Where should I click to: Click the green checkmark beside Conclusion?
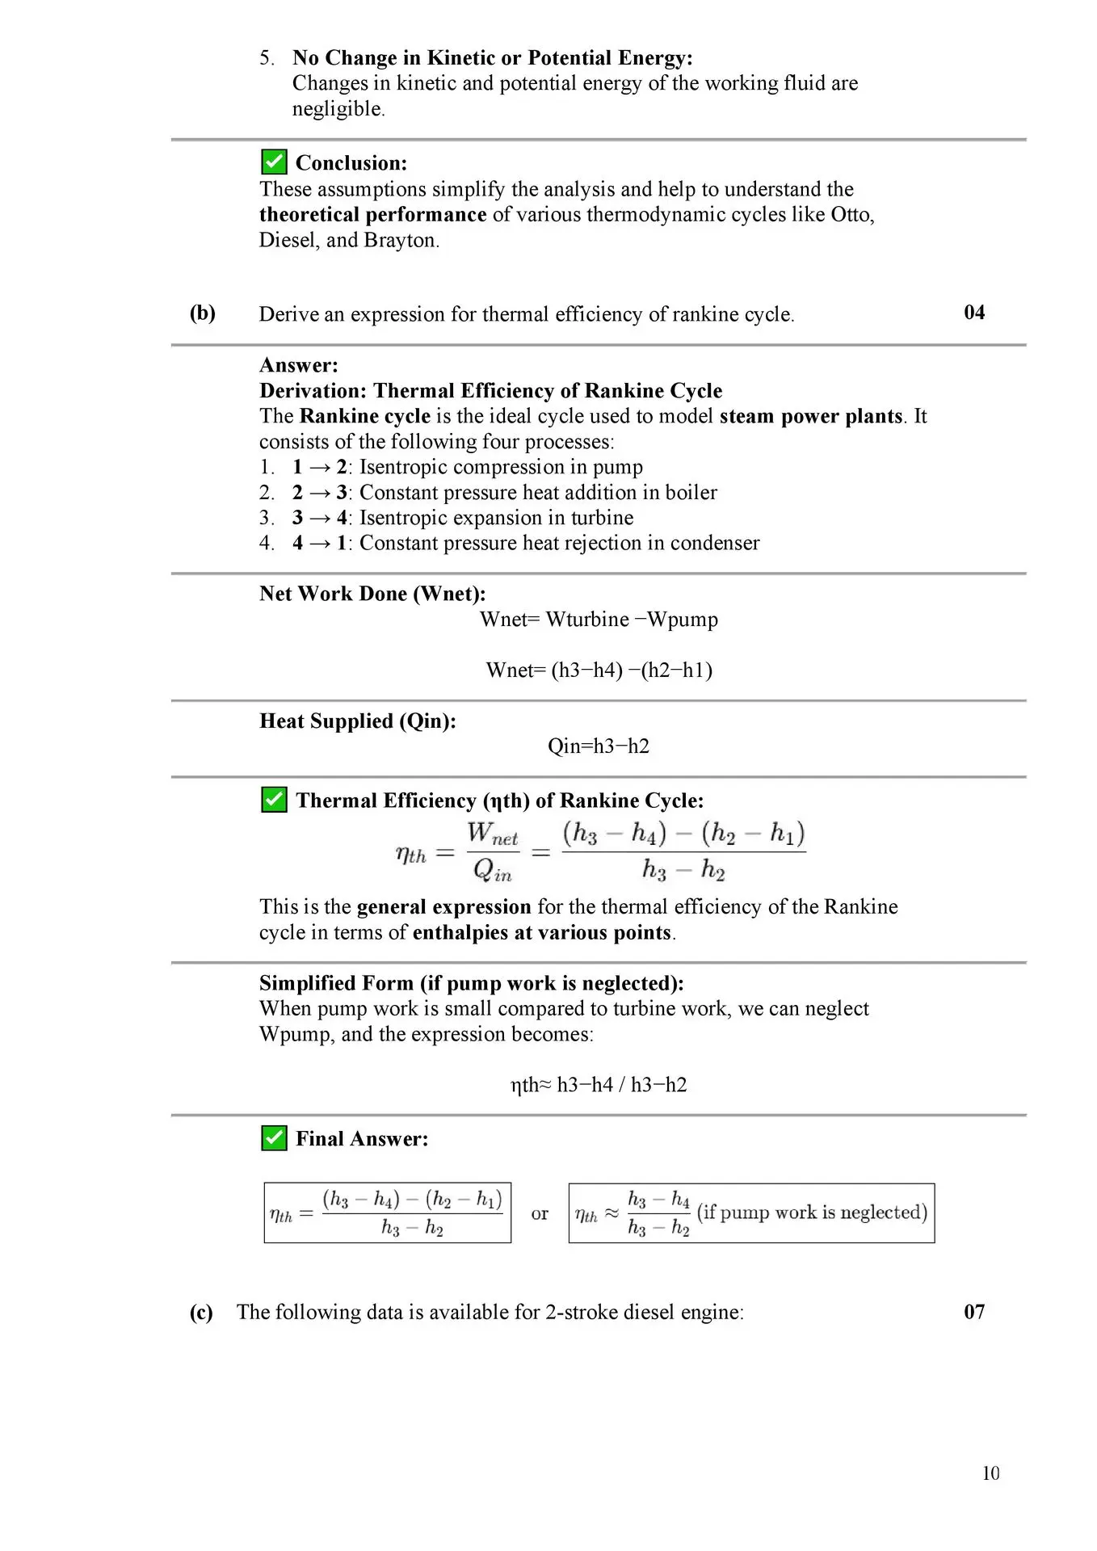[x=274, y=162]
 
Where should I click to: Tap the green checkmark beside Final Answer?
[x=274, y=1138]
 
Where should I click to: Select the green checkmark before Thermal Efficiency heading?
[x=274, y=800]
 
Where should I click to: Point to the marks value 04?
[x=974, y=313]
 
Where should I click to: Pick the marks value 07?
[x=974, y=1311]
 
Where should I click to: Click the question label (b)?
[x=202, y=313]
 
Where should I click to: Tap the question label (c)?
[x=201, y=1312]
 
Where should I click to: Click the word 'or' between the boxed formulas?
[x=540, y=1213]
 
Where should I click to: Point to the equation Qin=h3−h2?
[x=598, y=746]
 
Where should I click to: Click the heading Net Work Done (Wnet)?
[x=372, y=594]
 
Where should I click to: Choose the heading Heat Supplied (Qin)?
[x=357, y=721]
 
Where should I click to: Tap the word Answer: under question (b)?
[x=298, y=365]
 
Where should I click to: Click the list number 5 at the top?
[x=267, y=58]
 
